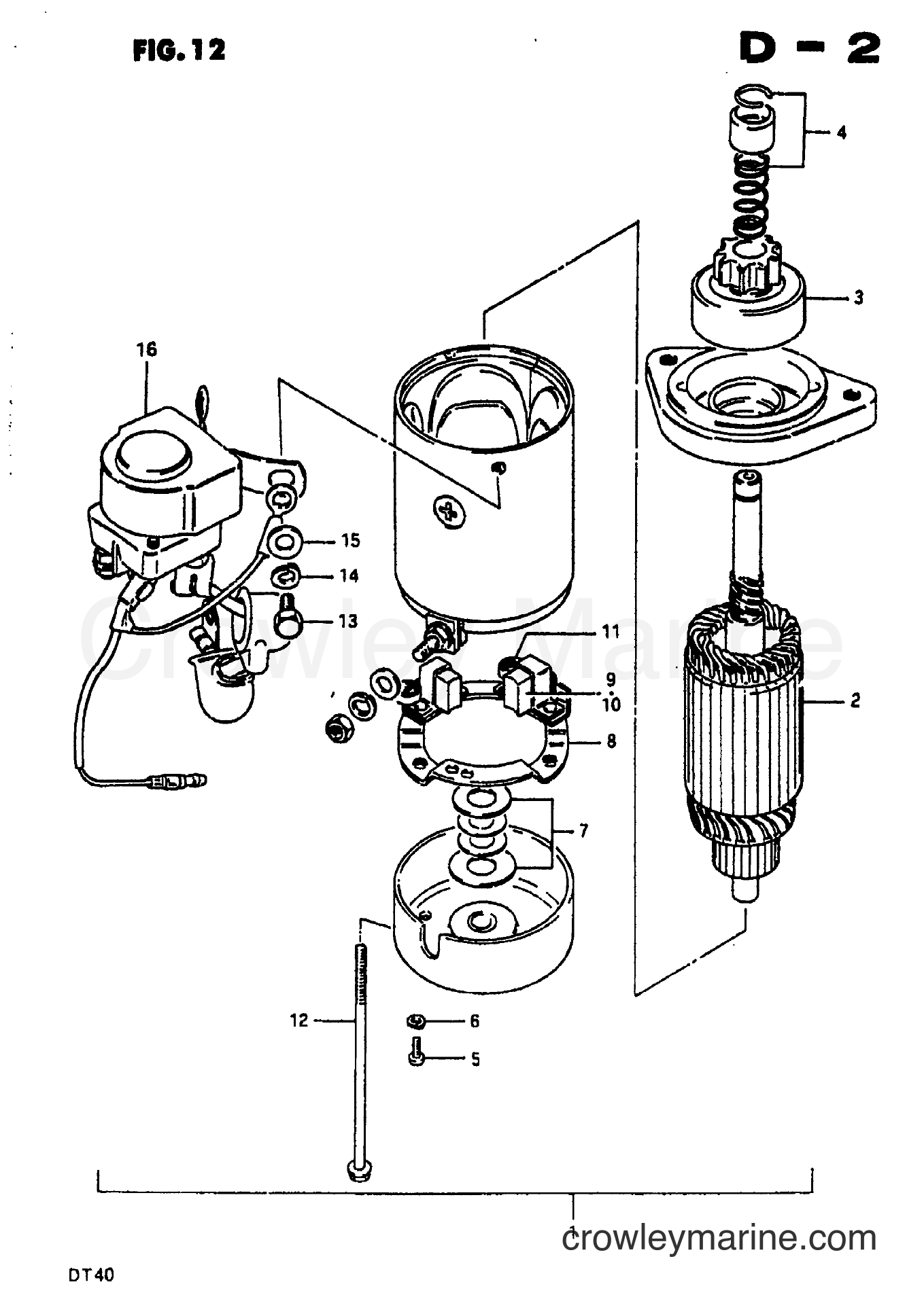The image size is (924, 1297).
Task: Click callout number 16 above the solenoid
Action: [x=146, y=350]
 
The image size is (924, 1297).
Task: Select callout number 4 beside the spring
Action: [x=842, y=132]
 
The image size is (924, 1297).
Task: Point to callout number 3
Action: [x=859, y=297]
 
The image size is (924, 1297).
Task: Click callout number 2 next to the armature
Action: [x=855, y=699]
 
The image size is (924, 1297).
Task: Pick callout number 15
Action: [x=351, y=541]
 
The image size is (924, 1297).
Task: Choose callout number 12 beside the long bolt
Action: [x=299, y=1020]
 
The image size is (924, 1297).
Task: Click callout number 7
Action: [x=584, y=830]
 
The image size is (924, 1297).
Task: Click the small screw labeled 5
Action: [x=417, y=1056]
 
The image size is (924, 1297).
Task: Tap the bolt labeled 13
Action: [x=287, y=617]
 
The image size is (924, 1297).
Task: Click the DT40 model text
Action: [x=89, y=1275]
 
